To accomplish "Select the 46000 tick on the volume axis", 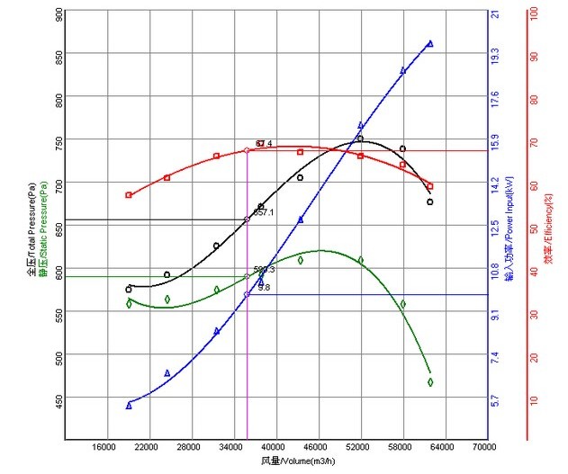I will pos(316,447).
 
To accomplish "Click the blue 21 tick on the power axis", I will pos(494,14).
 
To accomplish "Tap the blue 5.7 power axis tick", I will pos(494,400).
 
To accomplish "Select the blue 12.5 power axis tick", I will pos(494,228).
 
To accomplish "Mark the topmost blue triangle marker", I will pos(430,43).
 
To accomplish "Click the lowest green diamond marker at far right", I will pos(430,382).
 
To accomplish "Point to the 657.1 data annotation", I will pos(263,213).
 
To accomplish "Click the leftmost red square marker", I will pos(129,195).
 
